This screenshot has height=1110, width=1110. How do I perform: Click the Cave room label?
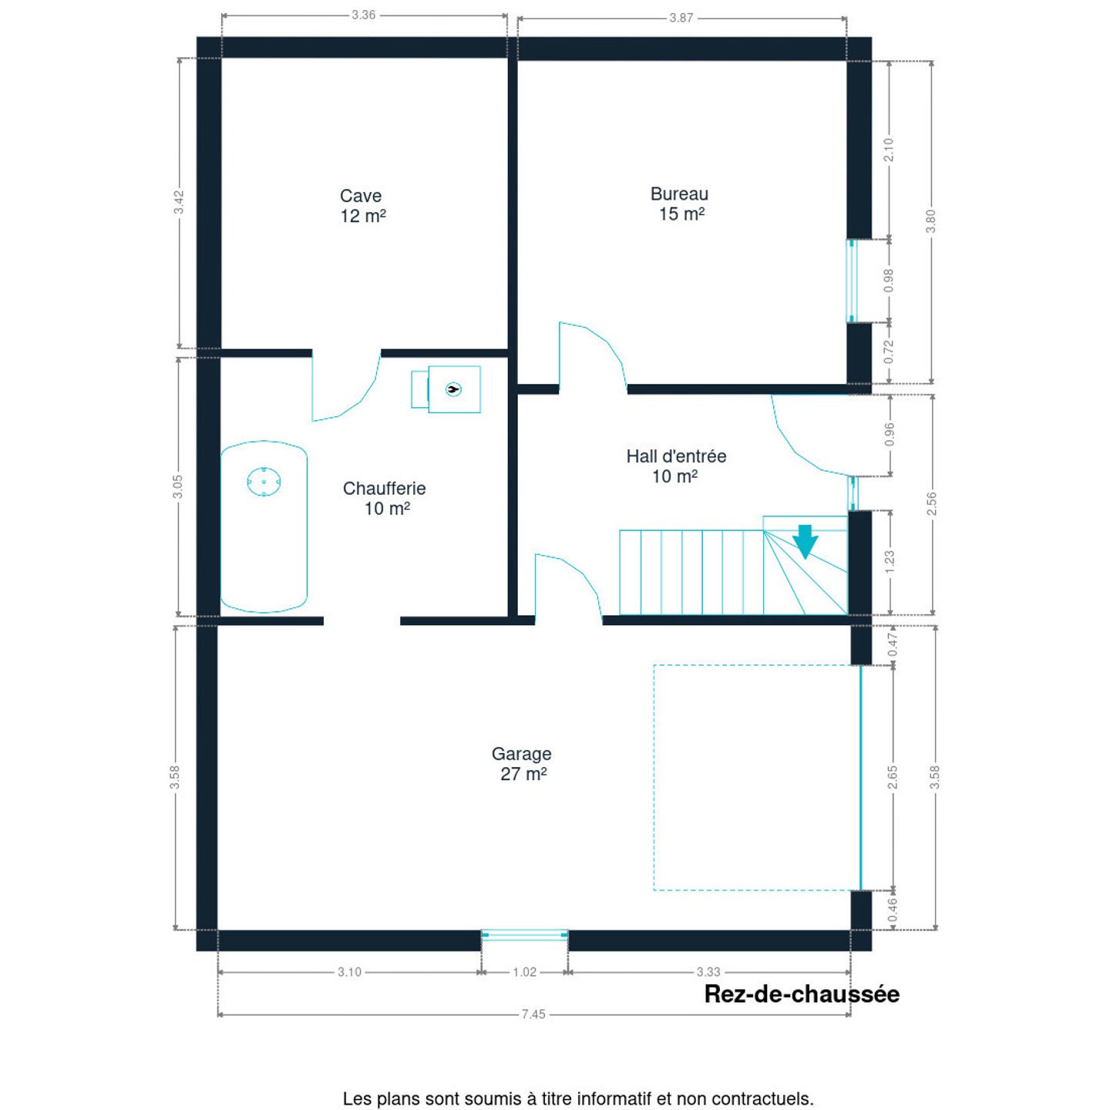(362, 206)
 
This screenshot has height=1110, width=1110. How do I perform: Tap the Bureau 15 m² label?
(679, 204)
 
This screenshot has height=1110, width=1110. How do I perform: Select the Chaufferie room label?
(385, 498)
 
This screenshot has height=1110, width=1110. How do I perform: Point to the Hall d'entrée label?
(676, 466)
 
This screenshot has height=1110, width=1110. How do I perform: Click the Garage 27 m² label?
(522, 763)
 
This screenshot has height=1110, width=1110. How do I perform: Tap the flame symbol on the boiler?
(453, 389)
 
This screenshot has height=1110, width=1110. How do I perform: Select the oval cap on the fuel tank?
(264, 482)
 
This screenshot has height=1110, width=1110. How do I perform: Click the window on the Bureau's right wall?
(852, 281)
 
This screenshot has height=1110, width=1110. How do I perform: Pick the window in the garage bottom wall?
(525, 935)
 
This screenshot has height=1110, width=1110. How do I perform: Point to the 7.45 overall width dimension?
(533, 1014)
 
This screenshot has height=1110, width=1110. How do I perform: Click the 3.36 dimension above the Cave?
(363, 15)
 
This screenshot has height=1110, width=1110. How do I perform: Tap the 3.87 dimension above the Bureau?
(681, 18)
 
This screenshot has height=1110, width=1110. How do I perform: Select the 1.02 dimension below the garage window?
(524, 972)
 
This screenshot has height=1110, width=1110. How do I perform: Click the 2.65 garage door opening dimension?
(893, 777)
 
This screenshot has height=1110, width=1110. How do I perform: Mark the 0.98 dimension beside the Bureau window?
(889, 280)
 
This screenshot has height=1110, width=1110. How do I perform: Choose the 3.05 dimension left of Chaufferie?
(178, 486)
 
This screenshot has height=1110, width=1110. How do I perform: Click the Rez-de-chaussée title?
(802, 994)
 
